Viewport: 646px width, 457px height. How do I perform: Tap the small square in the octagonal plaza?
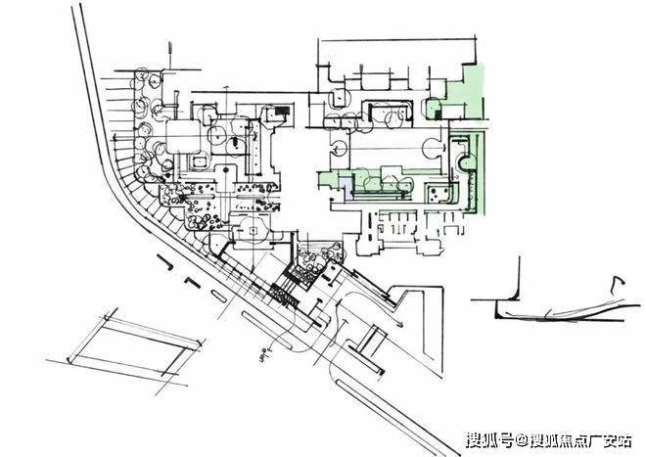click(x=253, y=230)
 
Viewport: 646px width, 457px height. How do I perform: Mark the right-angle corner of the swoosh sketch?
click(x=496, y=315)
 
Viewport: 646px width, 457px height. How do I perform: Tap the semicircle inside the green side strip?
click(x=462, y=157)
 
